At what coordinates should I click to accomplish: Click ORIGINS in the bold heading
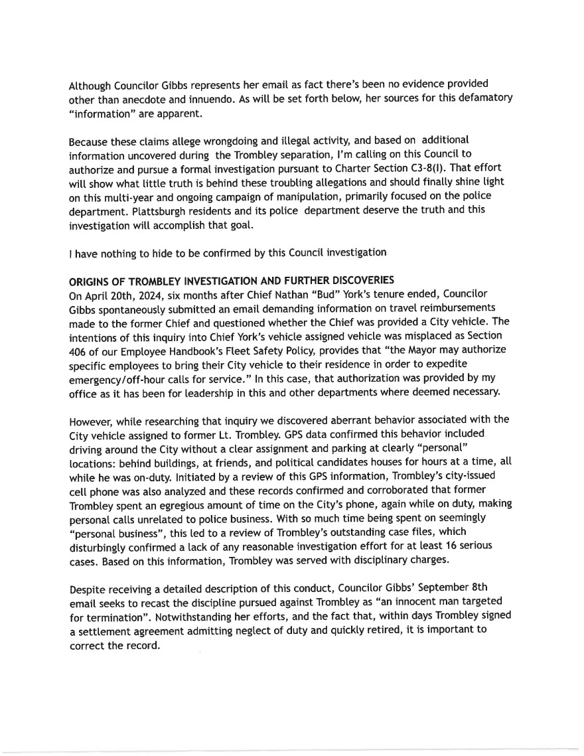click(x=92, y=281)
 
